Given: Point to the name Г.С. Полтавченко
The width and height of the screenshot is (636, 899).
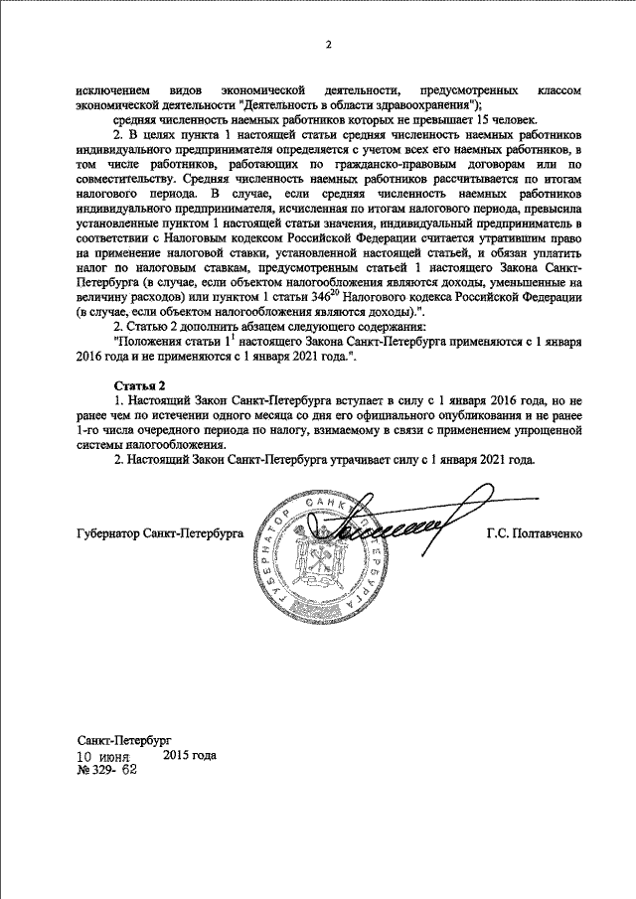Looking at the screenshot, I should pos(535,533).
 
